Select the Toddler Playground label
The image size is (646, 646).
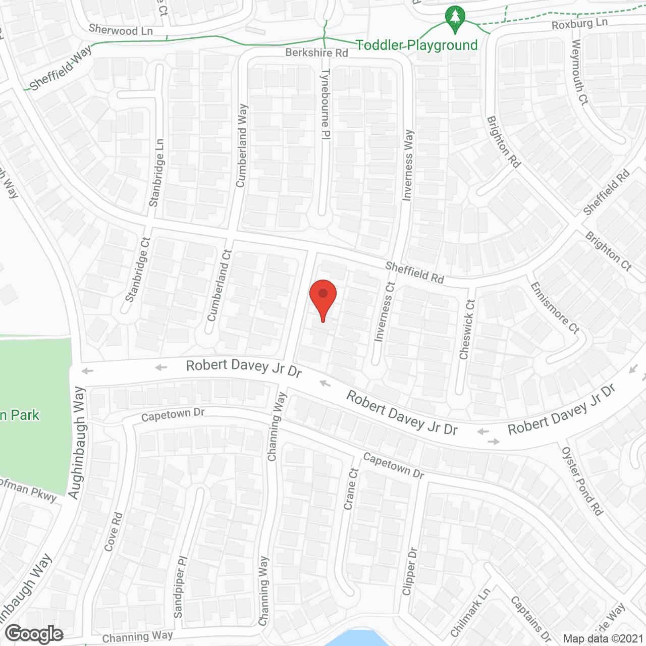[x=417, y=45]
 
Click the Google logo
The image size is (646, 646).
[x=34, y=634]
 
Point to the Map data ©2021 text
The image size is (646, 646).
[x=603, y=639]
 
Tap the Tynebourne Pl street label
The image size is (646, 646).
[x=326, y=104]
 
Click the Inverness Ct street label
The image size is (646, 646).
[x=384, y=311]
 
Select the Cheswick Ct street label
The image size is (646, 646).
[x=467, y=329]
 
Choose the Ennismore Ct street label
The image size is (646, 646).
[x=554, y=307]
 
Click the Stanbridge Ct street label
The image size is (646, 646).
[x=138, y=270]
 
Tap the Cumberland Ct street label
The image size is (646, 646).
[x=220, y=285]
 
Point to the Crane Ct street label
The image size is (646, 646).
[x=351, y=489]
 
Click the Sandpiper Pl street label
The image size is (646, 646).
[x=180, y=587]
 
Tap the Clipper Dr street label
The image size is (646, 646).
[x=409, y=571]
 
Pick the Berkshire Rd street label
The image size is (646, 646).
[x=316, y=52]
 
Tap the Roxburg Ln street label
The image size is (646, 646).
[x=579, y=24]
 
